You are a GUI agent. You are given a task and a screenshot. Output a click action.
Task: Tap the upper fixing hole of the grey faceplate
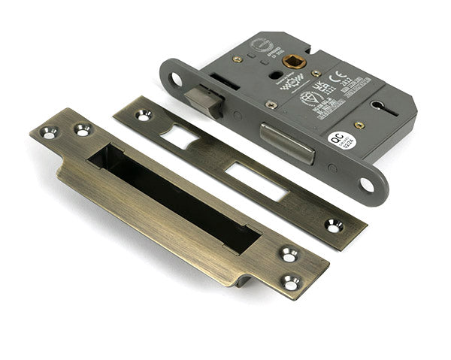(177, 78)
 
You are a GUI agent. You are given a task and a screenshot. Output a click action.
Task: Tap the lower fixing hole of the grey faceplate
(367, 183)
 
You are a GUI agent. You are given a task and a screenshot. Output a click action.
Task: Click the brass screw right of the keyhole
(359, 125)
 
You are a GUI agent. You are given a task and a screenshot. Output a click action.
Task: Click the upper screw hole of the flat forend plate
(141, 115)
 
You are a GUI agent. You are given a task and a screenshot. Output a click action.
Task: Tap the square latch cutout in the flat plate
(179, 136)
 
